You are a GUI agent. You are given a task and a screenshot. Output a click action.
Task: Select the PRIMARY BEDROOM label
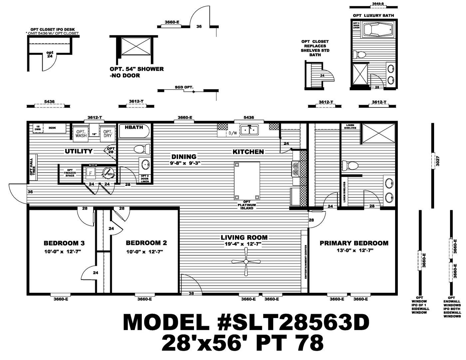(x=354, y=243)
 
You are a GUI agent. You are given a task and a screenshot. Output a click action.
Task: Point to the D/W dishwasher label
(x=232, y=133)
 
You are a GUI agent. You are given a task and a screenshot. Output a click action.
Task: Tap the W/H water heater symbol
(x=108, y=172)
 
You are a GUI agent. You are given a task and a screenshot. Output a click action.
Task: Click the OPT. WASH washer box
(x=81, y=133)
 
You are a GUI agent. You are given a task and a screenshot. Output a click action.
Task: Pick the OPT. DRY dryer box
(x=107, y=133)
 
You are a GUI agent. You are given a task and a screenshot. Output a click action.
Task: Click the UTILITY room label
(x=79, y=151)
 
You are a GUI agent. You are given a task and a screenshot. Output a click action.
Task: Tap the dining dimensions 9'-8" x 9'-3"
(x=184, y=163)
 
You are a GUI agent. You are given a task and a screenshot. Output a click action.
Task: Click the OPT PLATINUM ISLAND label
(x=247, y=205)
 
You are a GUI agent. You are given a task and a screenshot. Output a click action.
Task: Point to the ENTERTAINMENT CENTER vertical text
(x=305, y=262)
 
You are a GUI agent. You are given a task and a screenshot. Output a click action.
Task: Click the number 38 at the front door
(x=191, y=293)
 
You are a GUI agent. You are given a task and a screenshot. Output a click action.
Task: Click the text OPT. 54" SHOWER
(x=137, y=69)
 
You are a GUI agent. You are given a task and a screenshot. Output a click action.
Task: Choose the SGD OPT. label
(x=184, y=87)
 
